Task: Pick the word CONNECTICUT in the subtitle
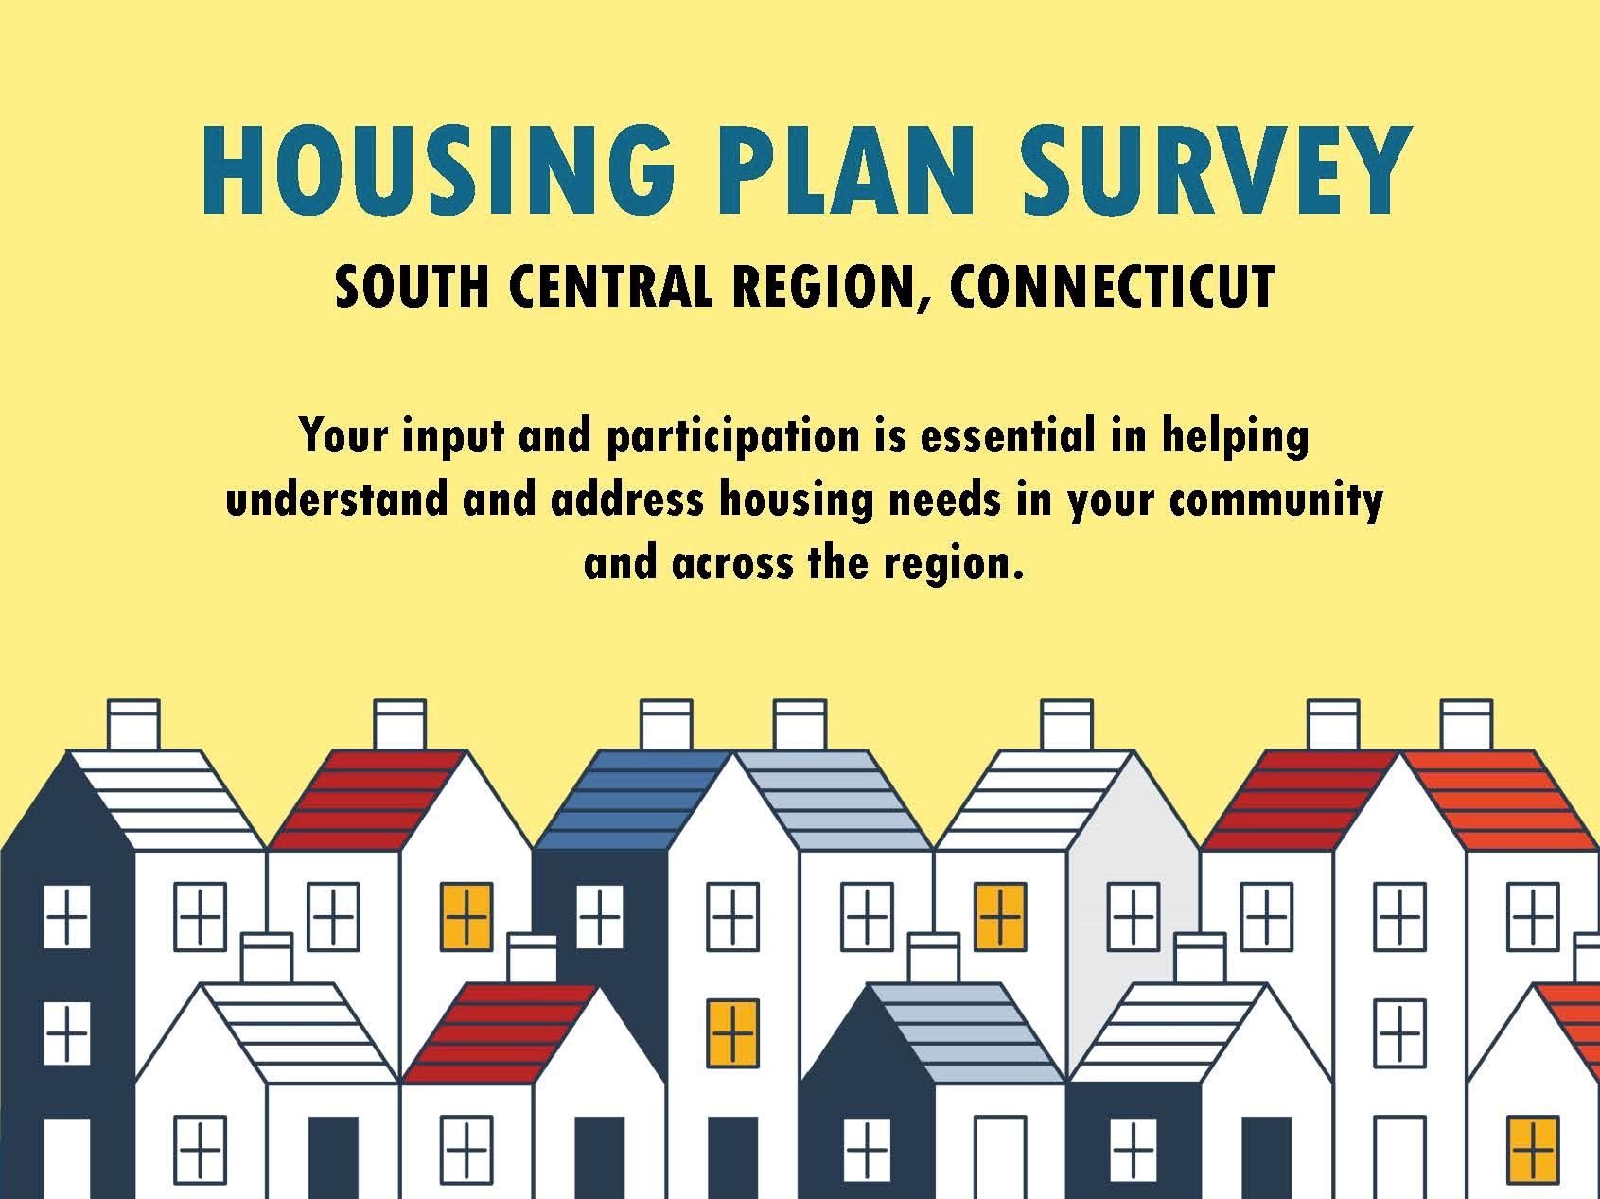(1112, 286)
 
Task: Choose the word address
(627, 499)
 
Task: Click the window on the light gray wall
(1134, 917)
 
